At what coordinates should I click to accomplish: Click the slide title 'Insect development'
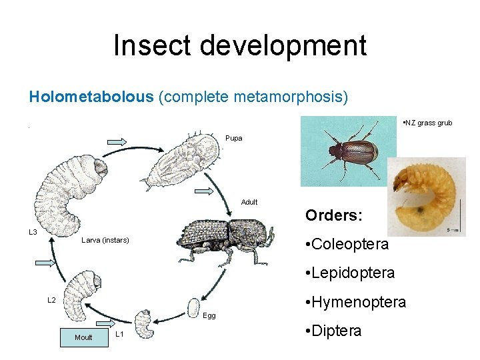(x=240, y=45)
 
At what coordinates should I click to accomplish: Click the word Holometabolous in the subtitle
(x=91, y=97)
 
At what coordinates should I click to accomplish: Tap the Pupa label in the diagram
(x=234, y=139)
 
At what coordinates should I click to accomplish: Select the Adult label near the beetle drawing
(x=249, y=202)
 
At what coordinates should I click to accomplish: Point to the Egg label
(x=210, y=315)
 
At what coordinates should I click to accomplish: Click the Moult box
(x=84, y=337)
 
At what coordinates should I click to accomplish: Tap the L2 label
(x=51, y=300)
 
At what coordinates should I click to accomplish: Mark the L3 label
(x=32, y=232)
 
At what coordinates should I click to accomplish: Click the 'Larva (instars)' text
(x=105, y=240)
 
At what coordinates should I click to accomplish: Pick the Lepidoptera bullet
(x=348, y=273)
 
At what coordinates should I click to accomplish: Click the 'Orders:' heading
(x=334, y=216)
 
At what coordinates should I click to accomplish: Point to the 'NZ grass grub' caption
(x=428, y=123)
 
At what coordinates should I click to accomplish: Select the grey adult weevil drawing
(x=227, y=237)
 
